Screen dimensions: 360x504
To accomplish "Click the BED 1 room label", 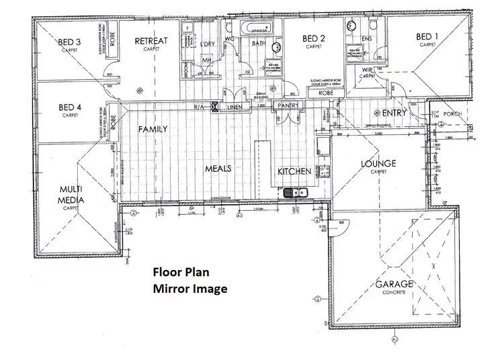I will click(427, 37).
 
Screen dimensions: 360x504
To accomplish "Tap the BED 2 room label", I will click(314, 38).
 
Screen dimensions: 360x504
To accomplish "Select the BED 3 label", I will click(69, 42).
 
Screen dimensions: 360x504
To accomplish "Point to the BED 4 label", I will click(70, 107).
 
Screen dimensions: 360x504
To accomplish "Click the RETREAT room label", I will click(151, 42).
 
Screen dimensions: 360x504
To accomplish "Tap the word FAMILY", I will click(153, 128).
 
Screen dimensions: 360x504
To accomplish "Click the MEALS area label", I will click(218, 169).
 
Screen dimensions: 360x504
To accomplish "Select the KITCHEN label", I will click(294, 171).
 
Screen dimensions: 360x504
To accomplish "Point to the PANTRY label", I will click(288, 105).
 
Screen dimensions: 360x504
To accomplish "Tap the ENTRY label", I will click(394, 113).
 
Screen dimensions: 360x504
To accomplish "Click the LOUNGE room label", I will click(378, 163).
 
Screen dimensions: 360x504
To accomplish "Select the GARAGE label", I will click(394, 284).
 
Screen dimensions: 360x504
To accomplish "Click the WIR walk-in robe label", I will click(366, 70).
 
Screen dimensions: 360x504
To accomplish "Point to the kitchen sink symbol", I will click(294, 193).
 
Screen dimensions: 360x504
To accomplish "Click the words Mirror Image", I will click(190, 289).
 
